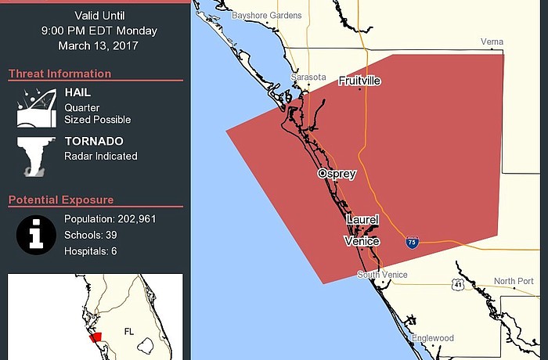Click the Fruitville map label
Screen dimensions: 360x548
coord(359,81)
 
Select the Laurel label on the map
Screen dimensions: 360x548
coord(361,221)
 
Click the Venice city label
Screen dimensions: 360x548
coord(362,242)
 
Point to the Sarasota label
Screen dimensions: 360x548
coord(308,77)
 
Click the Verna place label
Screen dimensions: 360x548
coord(492,41)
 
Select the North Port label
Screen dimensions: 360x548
coord(514,281)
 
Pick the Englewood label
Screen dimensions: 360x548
coord(433,338)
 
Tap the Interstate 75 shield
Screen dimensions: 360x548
coord(412,243)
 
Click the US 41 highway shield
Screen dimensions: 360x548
coord(458,285)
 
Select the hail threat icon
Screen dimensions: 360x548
coord(35,106)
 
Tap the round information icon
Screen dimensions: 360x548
coord(36,234)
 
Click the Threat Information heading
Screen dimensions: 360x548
coord(59,74)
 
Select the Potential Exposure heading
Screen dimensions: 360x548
coord(61,200)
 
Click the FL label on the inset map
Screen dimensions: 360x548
coord(129,332)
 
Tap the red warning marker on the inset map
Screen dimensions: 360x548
coord(96,337)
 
